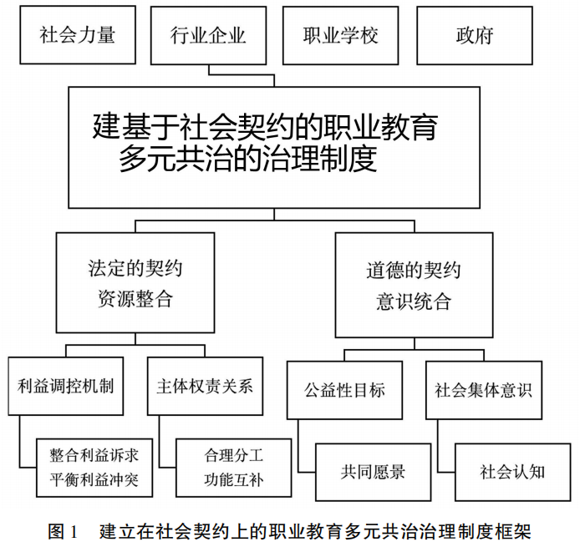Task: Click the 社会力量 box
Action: tap(77, 35)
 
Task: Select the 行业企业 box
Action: tap(208, 35)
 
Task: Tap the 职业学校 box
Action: tap(340, 35)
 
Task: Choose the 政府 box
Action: tap(474, 35)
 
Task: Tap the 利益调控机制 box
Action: tap(65, 386)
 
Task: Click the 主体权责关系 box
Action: tap(204, 386)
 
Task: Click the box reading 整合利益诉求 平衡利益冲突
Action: tap(93, 468)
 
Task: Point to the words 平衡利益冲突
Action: tap(93, 481)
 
